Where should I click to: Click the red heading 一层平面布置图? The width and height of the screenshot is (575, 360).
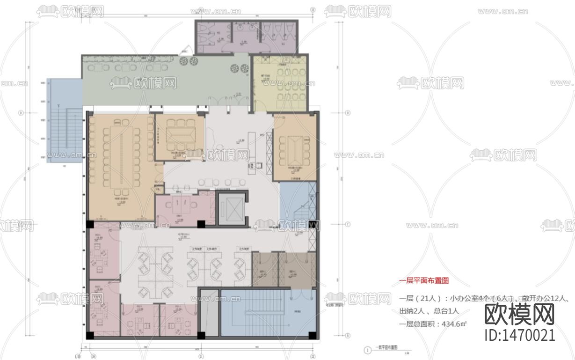423,281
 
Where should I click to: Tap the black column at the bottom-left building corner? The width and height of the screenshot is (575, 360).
89,335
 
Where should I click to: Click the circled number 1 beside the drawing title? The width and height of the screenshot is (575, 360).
368,350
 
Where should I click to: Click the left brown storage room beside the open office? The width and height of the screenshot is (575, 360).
265,269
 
